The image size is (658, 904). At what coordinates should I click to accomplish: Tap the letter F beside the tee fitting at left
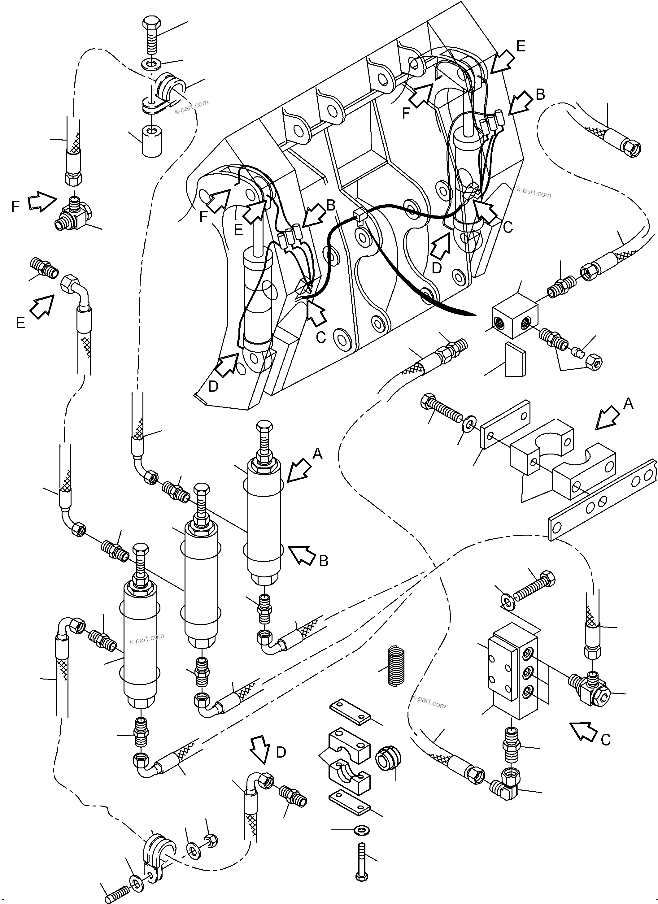15,207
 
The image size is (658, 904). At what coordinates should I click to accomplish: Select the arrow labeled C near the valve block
583,732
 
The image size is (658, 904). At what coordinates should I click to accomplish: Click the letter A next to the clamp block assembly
628,404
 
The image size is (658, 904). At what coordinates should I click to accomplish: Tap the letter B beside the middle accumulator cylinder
324,561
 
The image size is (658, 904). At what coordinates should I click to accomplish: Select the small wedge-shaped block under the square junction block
515,360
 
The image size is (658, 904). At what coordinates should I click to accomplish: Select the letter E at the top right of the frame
521,47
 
